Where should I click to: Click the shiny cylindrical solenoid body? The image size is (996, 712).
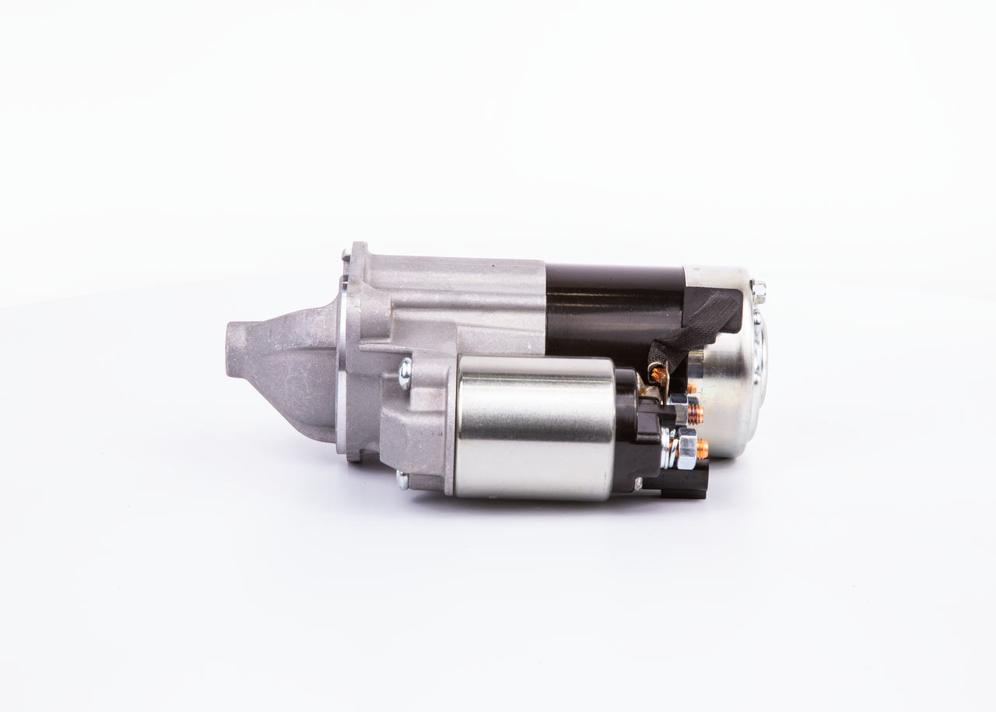click(x=535, y=428)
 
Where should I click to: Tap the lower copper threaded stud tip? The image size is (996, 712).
click(x=703, y=448)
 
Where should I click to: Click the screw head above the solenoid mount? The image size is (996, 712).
click(x=405, y=373)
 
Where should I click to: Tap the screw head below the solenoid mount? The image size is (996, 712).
click(x=402, y=480)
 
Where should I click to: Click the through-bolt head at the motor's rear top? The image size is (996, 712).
click(x=759, y=291)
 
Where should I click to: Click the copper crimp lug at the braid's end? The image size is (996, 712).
click(x=659, y=375)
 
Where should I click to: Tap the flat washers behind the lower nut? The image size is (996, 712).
click(x=667, y=449)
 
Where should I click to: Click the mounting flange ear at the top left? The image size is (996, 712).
click(x=356, y=257)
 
